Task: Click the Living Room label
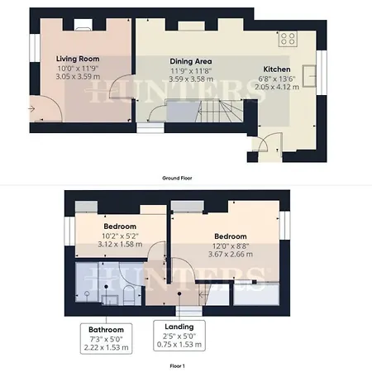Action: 78,59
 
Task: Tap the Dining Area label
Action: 191,61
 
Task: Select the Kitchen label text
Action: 277,69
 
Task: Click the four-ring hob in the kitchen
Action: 288,39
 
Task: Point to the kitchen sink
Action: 309,76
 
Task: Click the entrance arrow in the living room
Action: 31,109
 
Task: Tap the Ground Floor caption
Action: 177,178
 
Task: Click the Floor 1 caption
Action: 177,366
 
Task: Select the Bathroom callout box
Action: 106,338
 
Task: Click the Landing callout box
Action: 179,336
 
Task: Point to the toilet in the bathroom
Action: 129,295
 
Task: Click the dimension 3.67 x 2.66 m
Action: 231,254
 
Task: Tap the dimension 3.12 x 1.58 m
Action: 120,244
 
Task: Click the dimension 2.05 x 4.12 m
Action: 277,87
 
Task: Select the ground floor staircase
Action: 219,111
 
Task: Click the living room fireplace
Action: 83,25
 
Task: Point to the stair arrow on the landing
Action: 203,295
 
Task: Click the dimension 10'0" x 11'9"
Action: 78,68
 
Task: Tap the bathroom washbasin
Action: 110,300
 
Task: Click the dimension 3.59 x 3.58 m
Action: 191,79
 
